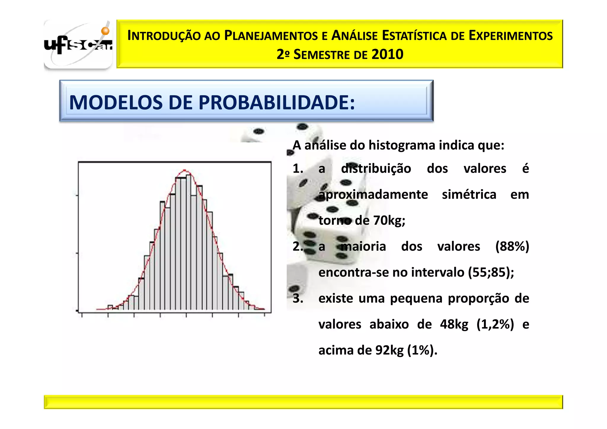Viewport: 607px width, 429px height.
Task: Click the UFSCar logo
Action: coord(78,44)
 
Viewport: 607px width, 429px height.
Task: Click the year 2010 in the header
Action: coord(387,55)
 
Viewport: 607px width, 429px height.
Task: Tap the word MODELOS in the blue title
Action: coord(116,103)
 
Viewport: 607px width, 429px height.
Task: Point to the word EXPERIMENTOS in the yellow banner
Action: coord(510,36)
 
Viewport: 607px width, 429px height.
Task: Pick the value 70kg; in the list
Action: coord(389,221)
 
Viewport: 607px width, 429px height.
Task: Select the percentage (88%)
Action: coord(512,246)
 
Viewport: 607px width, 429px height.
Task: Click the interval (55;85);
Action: coord(491,272)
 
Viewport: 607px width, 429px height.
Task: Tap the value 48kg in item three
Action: coord(454,324)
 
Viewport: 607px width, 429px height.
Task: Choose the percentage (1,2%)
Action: coord(495,324)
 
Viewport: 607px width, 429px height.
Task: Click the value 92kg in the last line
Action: coord(389,350)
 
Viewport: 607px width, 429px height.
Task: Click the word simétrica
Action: coord(469,195)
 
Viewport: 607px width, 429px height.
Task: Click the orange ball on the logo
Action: coord(105,31)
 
